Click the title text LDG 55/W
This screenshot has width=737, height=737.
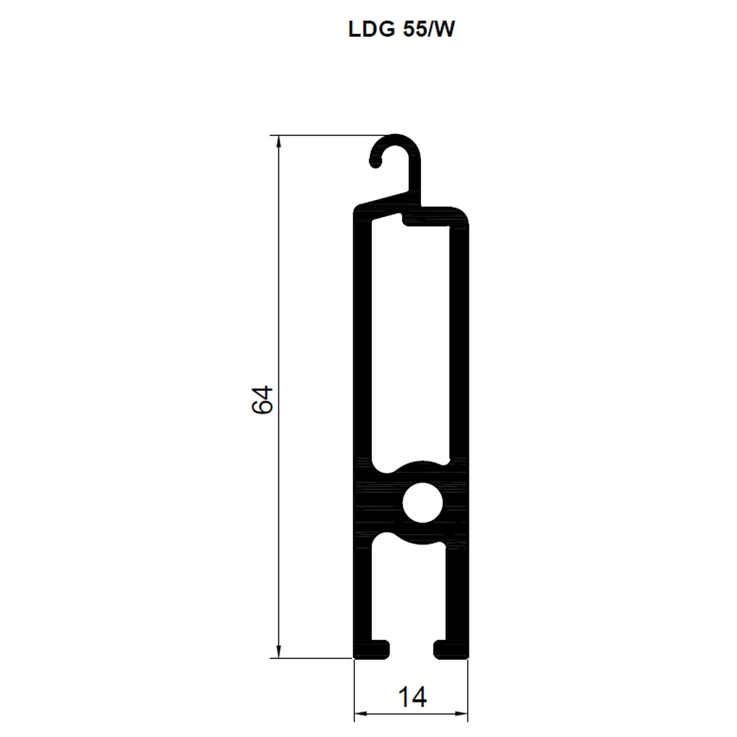401,29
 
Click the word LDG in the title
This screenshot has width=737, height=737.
371,29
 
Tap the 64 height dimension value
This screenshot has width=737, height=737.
262,400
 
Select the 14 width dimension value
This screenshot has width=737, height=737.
412,697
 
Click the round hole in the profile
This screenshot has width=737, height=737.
422,502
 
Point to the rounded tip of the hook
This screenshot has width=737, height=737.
375,162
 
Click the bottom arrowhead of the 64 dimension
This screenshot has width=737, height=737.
278,651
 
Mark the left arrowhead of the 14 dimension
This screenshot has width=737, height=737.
361,714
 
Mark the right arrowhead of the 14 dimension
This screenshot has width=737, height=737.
461,714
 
